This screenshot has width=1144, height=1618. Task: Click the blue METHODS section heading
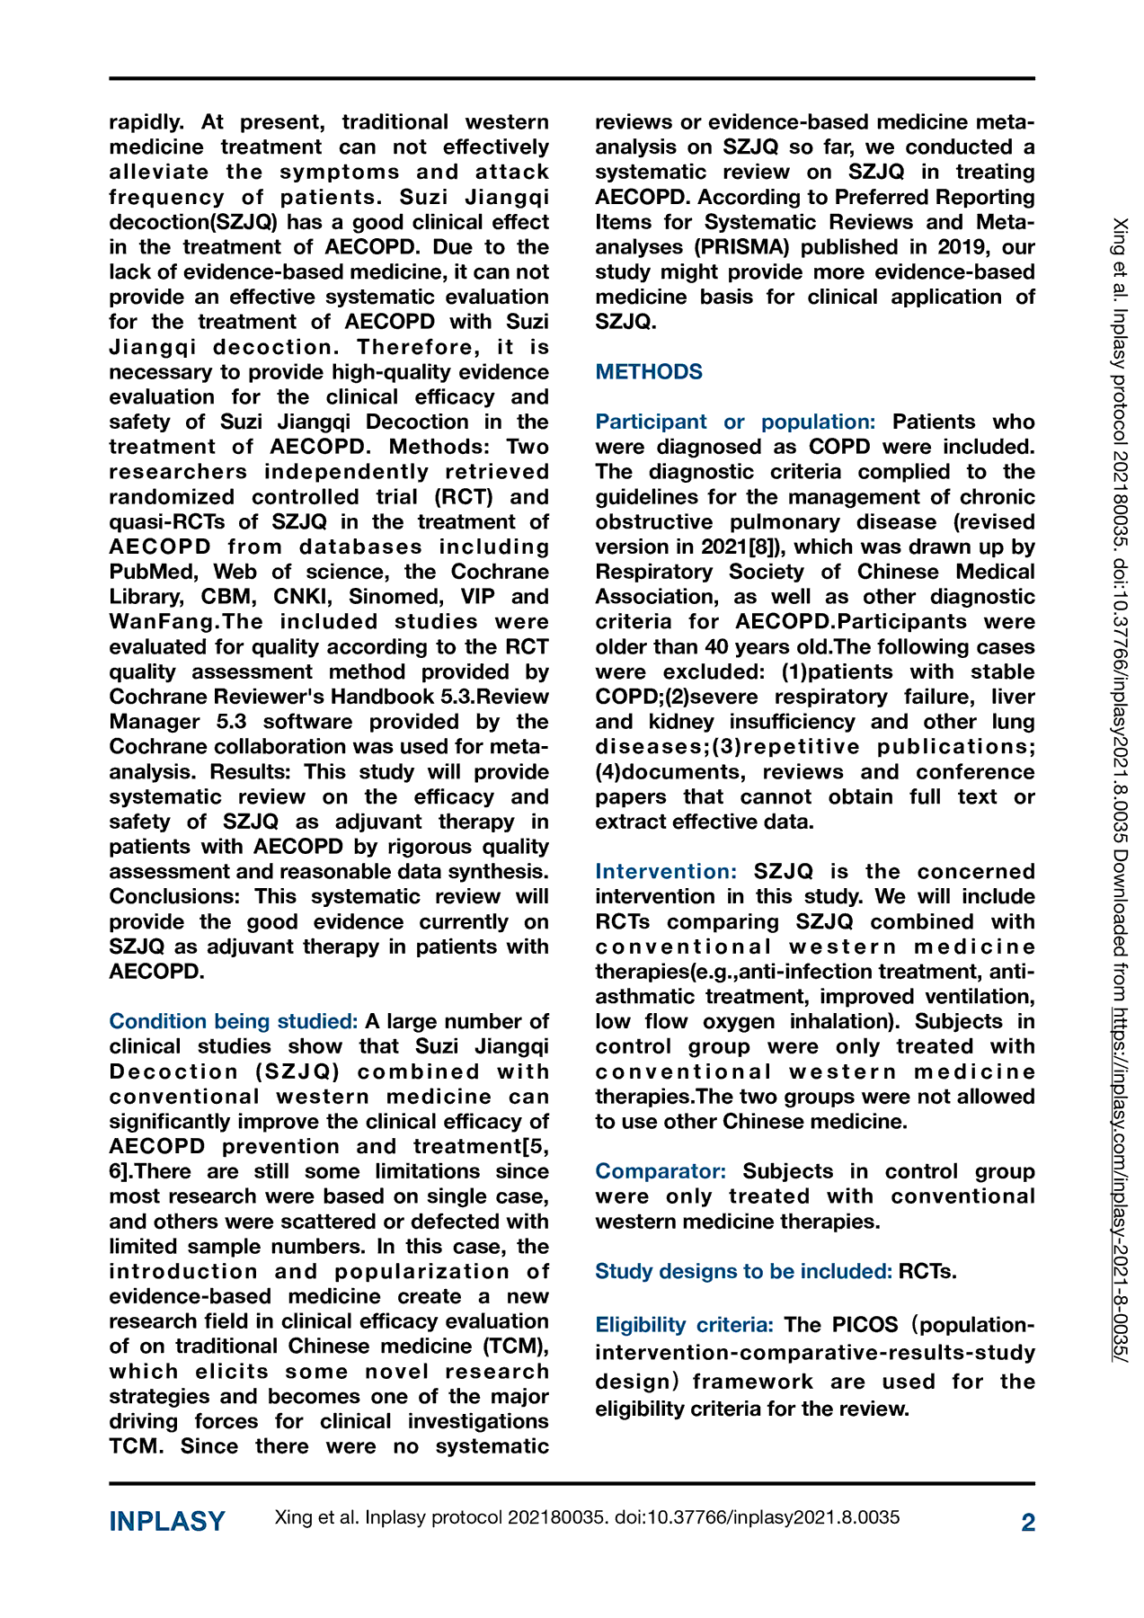(649, 372)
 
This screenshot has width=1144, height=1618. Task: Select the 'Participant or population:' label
(735, 422)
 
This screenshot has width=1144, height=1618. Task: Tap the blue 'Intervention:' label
(666, 872)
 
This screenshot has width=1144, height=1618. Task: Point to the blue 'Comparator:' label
(661, 1172)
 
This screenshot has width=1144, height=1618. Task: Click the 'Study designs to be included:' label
(743, 1272)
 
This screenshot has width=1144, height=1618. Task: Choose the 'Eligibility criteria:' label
(684, 1325)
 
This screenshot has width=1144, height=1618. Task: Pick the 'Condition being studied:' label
(234, 1022)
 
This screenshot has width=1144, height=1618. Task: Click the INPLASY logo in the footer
(167, 1522)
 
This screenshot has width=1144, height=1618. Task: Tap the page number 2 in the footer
(1028, 1522)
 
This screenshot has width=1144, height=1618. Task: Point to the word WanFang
(165, 622)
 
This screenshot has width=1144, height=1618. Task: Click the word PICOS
(865, 1325)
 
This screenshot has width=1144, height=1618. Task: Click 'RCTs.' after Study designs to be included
(927, 1272)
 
